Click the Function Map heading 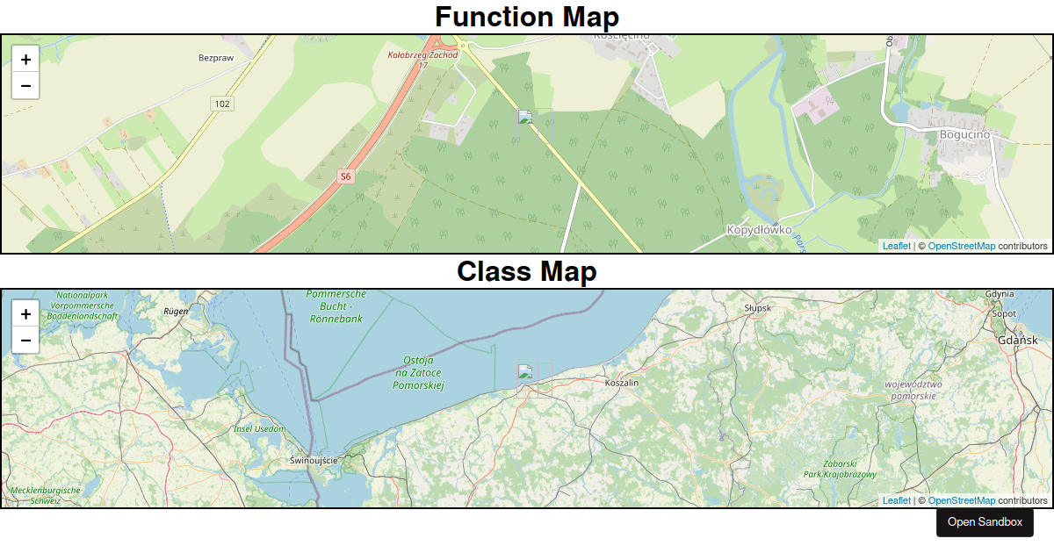pyautogui.click(x=527, y=17)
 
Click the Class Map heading pyautogui.click(x=527, y=271)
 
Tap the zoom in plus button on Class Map pyautogui.click(x=25, y=314)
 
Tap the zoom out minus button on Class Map pyautogui.click(x=25, y=340)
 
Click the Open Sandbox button pyautogui.click(x=985, y=521)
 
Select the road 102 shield pyautogui.click(x=222, y=104)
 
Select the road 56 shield pyautogui.click(x=345, y=176)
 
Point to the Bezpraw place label pyautogui.click(x=215, y=58)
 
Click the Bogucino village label pyautogui.click(x=964, y=134)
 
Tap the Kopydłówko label pyautogui.click(x=759, y=230)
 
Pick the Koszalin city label pyautogui.click(x=623, y=383)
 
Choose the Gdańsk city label pyautogui.click(x=1017, y=340)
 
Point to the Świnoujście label pyautogui.click(x=314, y=460)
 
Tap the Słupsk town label pyautogui.click(x=757, y=308)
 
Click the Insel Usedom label pyautogui.click(x=260, y=428)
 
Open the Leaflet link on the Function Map pyautogui.click(x=896, y=246)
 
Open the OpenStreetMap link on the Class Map pyautogui.click(x=961, y=500)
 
